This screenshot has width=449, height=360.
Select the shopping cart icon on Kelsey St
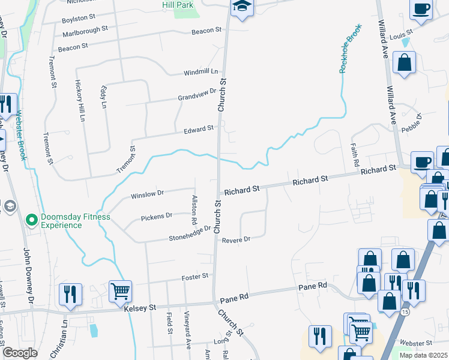point(121,292)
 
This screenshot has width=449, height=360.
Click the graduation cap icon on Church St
point(242,7)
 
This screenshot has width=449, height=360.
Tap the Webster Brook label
point(21,134)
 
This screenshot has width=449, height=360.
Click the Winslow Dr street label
point(147,194)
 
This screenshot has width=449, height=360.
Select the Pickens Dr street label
point(156,215)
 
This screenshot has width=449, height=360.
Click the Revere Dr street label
point(235,239)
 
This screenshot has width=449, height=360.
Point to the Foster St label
point(195,276)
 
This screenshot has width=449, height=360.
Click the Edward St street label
point(199,129)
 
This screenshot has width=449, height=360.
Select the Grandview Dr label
point(196,95)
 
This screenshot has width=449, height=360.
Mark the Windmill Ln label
point(200,72)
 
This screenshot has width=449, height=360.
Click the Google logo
point(20,353)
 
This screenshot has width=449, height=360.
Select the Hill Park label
point(177,5)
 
